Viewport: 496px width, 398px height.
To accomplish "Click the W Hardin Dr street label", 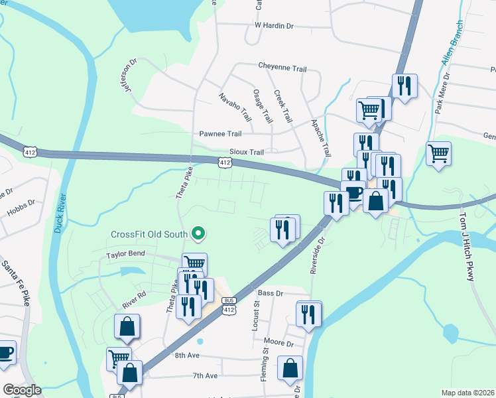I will coord(274,26).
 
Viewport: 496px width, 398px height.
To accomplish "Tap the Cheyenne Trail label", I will coord(282,68).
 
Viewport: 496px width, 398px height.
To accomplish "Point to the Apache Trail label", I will coord(321,138).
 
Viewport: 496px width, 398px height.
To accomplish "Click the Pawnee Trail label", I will coord(221,133).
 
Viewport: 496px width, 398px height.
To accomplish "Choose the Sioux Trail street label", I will coord(246,152).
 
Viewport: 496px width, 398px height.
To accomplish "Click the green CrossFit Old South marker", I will coord(197,233).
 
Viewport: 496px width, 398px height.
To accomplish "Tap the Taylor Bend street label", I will coord(125,255).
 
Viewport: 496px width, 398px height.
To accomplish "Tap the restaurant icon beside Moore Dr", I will coord(308,314).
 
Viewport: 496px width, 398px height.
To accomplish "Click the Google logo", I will coord(22,390).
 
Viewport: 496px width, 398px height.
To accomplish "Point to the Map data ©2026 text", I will coord(467,393).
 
